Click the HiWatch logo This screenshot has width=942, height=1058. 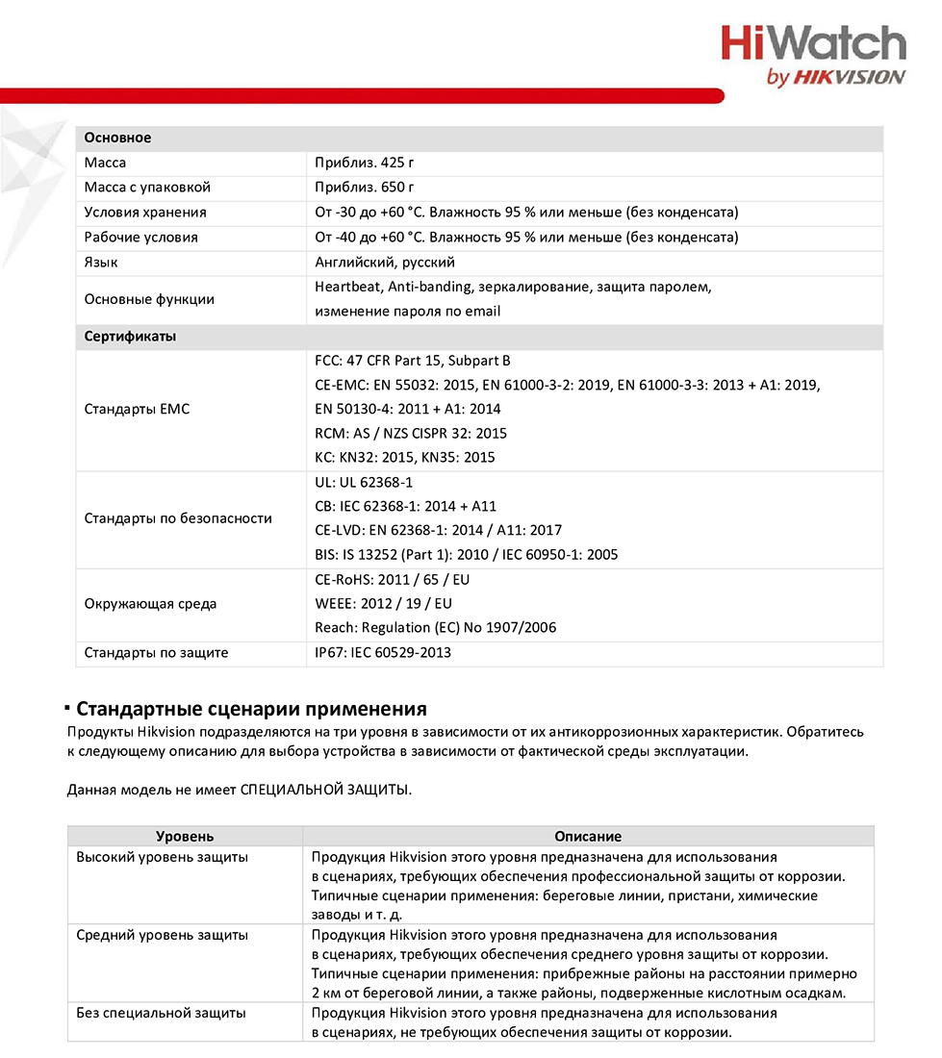click(813, 44)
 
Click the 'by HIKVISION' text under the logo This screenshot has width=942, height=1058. click(835, 78)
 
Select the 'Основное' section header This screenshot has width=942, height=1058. click(117, 138)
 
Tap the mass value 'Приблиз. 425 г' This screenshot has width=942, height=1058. click(365, 163)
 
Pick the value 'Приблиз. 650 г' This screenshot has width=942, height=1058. click(365, 188)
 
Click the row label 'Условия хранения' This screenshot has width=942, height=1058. click(145, 212)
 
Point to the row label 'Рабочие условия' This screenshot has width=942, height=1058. click(140, 237)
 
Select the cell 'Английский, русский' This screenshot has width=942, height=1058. click(385, 262)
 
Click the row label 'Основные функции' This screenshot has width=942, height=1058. click(149, 299)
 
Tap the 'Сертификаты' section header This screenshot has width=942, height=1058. click(130, 337)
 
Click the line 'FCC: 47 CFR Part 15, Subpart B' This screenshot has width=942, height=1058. click(413, 361)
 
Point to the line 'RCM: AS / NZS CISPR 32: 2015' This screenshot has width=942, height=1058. click(411, 433)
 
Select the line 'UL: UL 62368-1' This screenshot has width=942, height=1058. click(364, 482)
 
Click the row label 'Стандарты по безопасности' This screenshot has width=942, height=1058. click(178, 518)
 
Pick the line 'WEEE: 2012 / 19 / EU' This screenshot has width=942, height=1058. click(383, 603)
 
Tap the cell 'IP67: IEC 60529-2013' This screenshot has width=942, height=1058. click(383, 652)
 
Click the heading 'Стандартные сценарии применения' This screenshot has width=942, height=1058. click(251, 710)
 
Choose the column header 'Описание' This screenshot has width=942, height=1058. click(588, 837)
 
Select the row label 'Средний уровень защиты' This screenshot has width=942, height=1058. click(162, 935)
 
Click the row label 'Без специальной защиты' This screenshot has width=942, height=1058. click(161, 1013)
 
